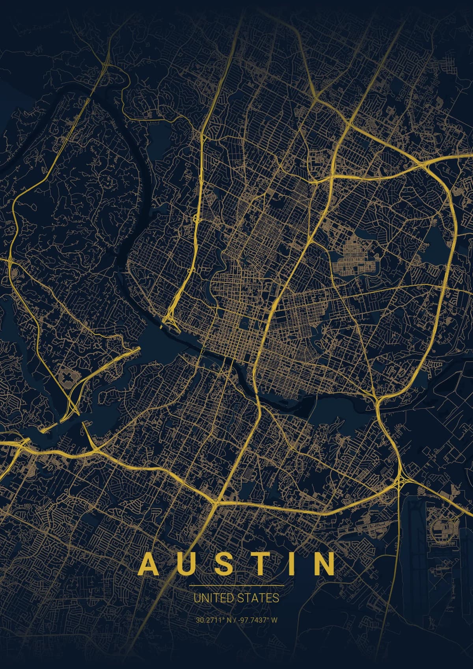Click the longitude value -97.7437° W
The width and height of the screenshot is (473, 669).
[x=258, y=620]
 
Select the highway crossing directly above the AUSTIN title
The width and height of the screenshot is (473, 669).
[x=216, y=502]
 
